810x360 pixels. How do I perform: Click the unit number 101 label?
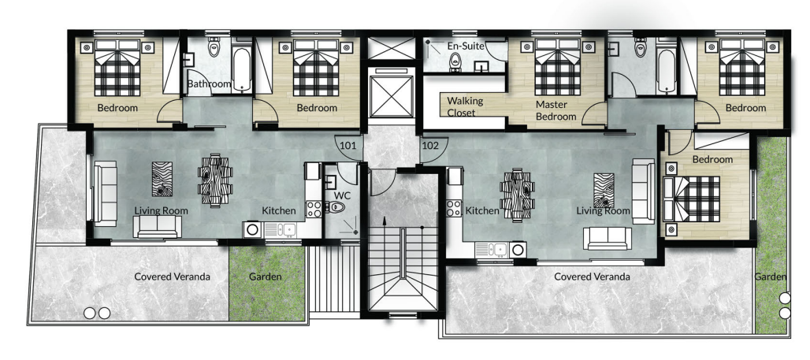(348, 146)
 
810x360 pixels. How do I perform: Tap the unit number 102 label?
(430, 146)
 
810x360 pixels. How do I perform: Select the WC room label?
(343, 196)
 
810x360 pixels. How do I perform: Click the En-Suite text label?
(466, 46)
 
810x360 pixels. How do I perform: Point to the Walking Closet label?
(465, 106)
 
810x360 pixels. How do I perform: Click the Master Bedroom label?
(555, 110)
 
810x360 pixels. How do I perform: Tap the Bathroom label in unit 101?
(209, 84)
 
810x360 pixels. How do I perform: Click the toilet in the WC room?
(336, 208)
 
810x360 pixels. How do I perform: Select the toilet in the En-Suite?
(455, 62)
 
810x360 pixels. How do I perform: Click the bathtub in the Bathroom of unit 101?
(241, 70)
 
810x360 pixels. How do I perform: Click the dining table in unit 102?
(517, 195)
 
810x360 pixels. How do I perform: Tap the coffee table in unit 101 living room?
(162, 180)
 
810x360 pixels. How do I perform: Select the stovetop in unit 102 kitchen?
(454, 208)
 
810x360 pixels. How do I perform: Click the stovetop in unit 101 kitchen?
(314, 209)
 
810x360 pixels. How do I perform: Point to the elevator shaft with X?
(392, 97)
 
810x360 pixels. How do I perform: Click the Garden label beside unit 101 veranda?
(266, 276)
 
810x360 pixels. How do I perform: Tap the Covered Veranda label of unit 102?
(592, 276)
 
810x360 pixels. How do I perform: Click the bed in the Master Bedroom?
(557, 67)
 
